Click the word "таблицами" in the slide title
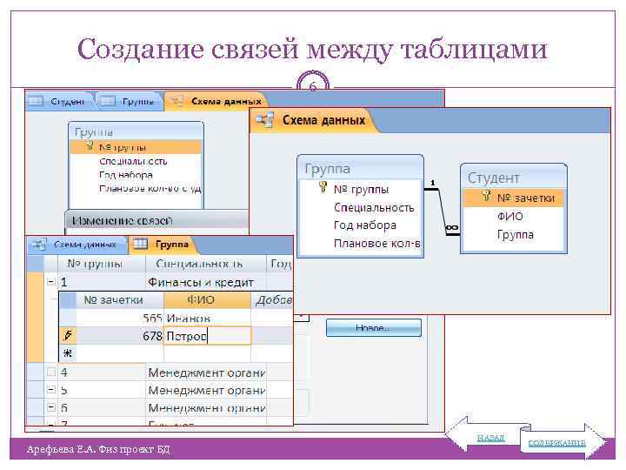pyautogui.click(x=476, y=50)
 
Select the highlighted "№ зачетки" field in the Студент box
pyautogui.click(x=525, y=198)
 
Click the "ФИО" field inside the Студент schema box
pyautogui.click(x=510, y=217)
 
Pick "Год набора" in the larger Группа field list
pyautogui.click(x=364, y=225)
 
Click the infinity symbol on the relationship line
pyautogui.click(x=451, y=228)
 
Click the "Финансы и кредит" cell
pyautogui.click(x=201, y=282)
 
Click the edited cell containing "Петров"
pyautogui.click(x=207, y=336)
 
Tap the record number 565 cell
pyautogui.click(x=153, y=318)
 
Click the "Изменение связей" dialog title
pyautogui.click(x=122, y=221)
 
